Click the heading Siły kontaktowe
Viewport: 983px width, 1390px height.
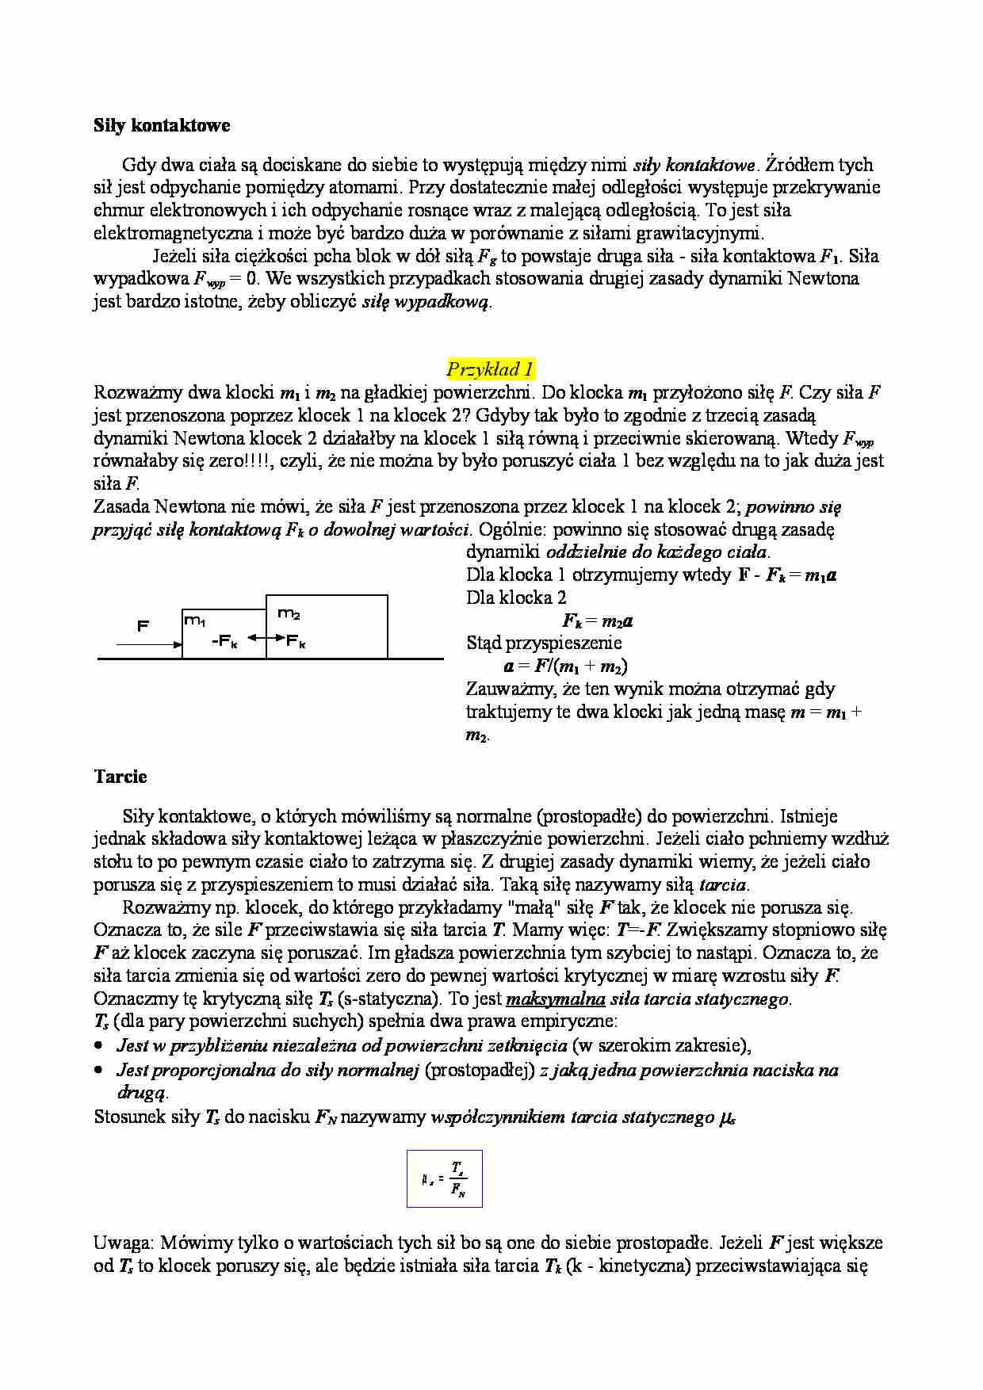click(x=162, y=125)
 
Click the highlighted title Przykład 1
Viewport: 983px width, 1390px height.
click(x=490, y=369)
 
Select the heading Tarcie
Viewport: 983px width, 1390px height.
click(x=120, y=777)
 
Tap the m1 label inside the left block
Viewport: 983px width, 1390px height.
click(x=195, y=620)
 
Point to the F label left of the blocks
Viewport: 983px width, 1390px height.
click(x=143, y=626)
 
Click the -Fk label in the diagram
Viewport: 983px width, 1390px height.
click(x=225, y=642)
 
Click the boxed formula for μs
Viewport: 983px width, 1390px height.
click(x=445, y=1178)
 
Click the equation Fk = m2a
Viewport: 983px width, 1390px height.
click(x=597, y=621)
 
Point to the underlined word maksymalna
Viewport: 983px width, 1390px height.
click(x=555, y=999)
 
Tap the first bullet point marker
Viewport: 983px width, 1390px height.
click(x=98, y=1047)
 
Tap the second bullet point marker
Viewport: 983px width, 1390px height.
click(x=98, y=1071)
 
